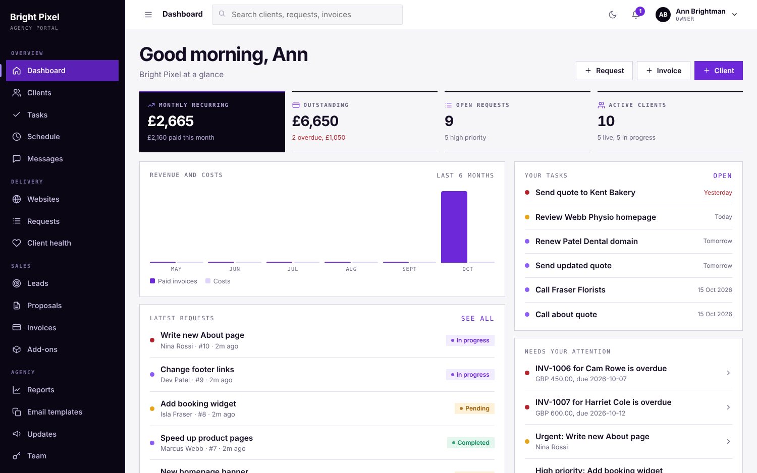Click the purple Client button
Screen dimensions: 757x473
[x=718, y=71]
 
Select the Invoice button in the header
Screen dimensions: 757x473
[x=664, y=71]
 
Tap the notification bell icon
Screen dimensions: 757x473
[x=635, y=15]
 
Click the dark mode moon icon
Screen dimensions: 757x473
[x=612, y=15]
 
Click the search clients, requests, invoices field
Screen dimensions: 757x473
[x=307, y=15]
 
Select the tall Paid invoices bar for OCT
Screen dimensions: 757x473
[x=454, y=227]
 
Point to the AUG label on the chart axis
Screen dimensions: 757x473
[x=351, y=269]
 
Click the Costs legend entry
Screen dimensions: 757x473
[x=218, y=281]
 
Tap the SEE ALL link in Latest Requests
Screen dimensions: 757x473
[x=477, y=318]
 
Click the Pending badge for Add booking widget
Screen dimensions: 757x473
[x=474, y=408]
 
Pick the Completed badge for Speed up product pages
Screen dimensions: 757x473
[x=471, y=443]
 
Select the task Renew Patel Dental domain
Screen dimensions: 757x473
[x=586, y=242]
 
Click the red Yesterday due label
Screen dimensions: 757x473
[x=718, y=193]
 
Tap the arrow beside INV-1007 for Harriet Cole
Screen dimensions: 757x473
[x=728, y=407]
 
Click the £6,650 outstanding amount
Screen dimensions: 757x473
[x=315, y=121]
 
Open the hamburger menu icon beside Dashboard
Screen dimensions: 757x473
[x=148, y=15]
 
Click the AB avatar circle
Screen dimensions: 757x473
[x=663, y=15]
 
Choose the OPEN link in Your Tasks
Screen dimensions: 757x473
[x=723, y=175]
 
